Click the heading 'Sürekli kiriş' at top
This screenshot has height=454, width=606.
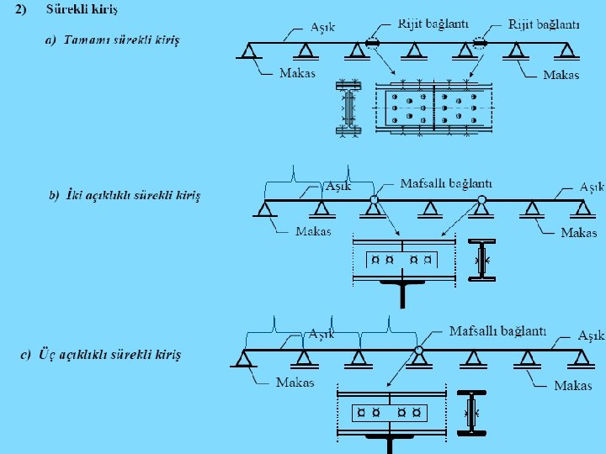click(82, 9)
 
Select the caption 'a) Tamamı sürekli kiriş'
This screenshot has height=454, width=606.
click(112, 40)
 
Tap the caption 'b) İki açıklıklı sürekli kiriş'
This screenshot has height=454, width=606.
click(125, 196)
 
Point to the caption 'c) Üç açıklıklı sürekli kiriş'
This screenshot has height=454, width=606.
click(100, 354)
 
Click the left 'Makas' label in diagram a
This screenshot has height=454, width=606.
click(297, 73)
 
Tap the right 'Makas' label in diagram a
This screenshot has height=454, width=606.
click(561, 75)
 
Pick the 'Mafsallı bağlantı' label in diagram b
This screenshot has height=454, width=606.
click(446, 182)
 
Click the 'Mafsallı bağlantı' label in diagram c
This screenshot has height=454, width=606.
click(497, 330)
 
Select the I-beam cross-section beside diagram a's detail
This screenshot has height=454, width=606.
click(348, 108)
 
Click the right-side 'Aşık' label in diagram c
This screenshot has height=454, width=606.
click(591, 335)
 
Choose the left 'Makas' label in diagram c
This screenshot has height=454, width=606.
click(295, 382)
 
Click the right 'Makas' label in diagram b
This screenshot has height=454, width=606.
click(578, 233)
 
